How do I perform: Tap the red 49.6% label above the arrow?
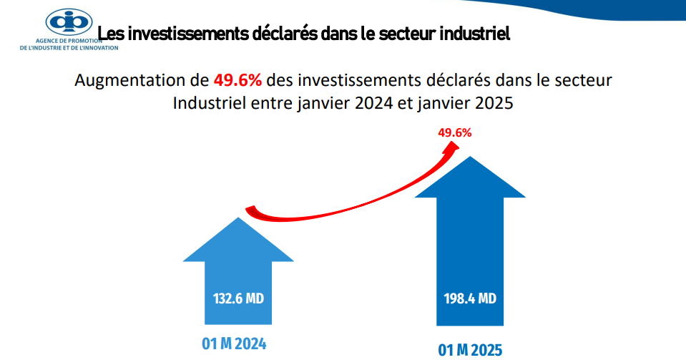[x=454, y=132]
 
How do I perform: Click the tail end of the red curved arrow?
[x=251, y=210]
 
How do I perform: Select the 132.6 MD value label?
[x=239, y=298]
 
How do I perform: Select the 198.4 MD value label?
[x=469, y=298]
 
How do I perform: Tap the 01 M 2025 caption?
[x=470, y=349]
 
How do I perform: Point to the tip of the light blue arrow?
[x=238, y=219]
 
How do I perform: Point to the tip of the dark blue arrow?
[x=469, y=157]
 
